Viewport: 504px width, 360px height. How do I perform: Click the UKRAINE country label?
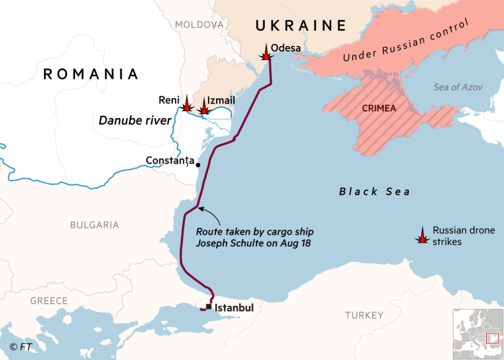[301, 26]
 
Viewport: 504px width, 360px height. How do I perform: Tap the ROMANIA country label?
[91, 74]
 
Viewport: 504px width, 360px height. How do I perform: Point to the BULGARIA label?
[94, 225]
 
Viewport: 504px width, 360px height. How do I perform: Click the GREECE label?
[49, 300]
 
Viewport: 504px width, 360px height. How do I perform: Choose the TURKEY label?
[364, 315]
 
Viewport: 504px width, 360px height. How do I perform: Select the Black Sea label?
[374, 192]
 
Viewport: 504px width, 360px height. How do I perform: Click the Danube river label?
[135, 121]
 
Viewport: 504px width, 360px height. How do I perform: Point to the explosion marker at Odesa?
[266, 52]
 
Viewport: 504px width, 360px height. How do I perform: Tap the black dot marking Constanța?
[198, 165]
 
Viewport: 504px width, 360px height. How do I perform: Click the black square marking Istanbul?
[209, 307]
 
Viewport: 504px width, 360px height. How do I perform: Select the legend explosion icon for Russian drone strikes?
[422, 235]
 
